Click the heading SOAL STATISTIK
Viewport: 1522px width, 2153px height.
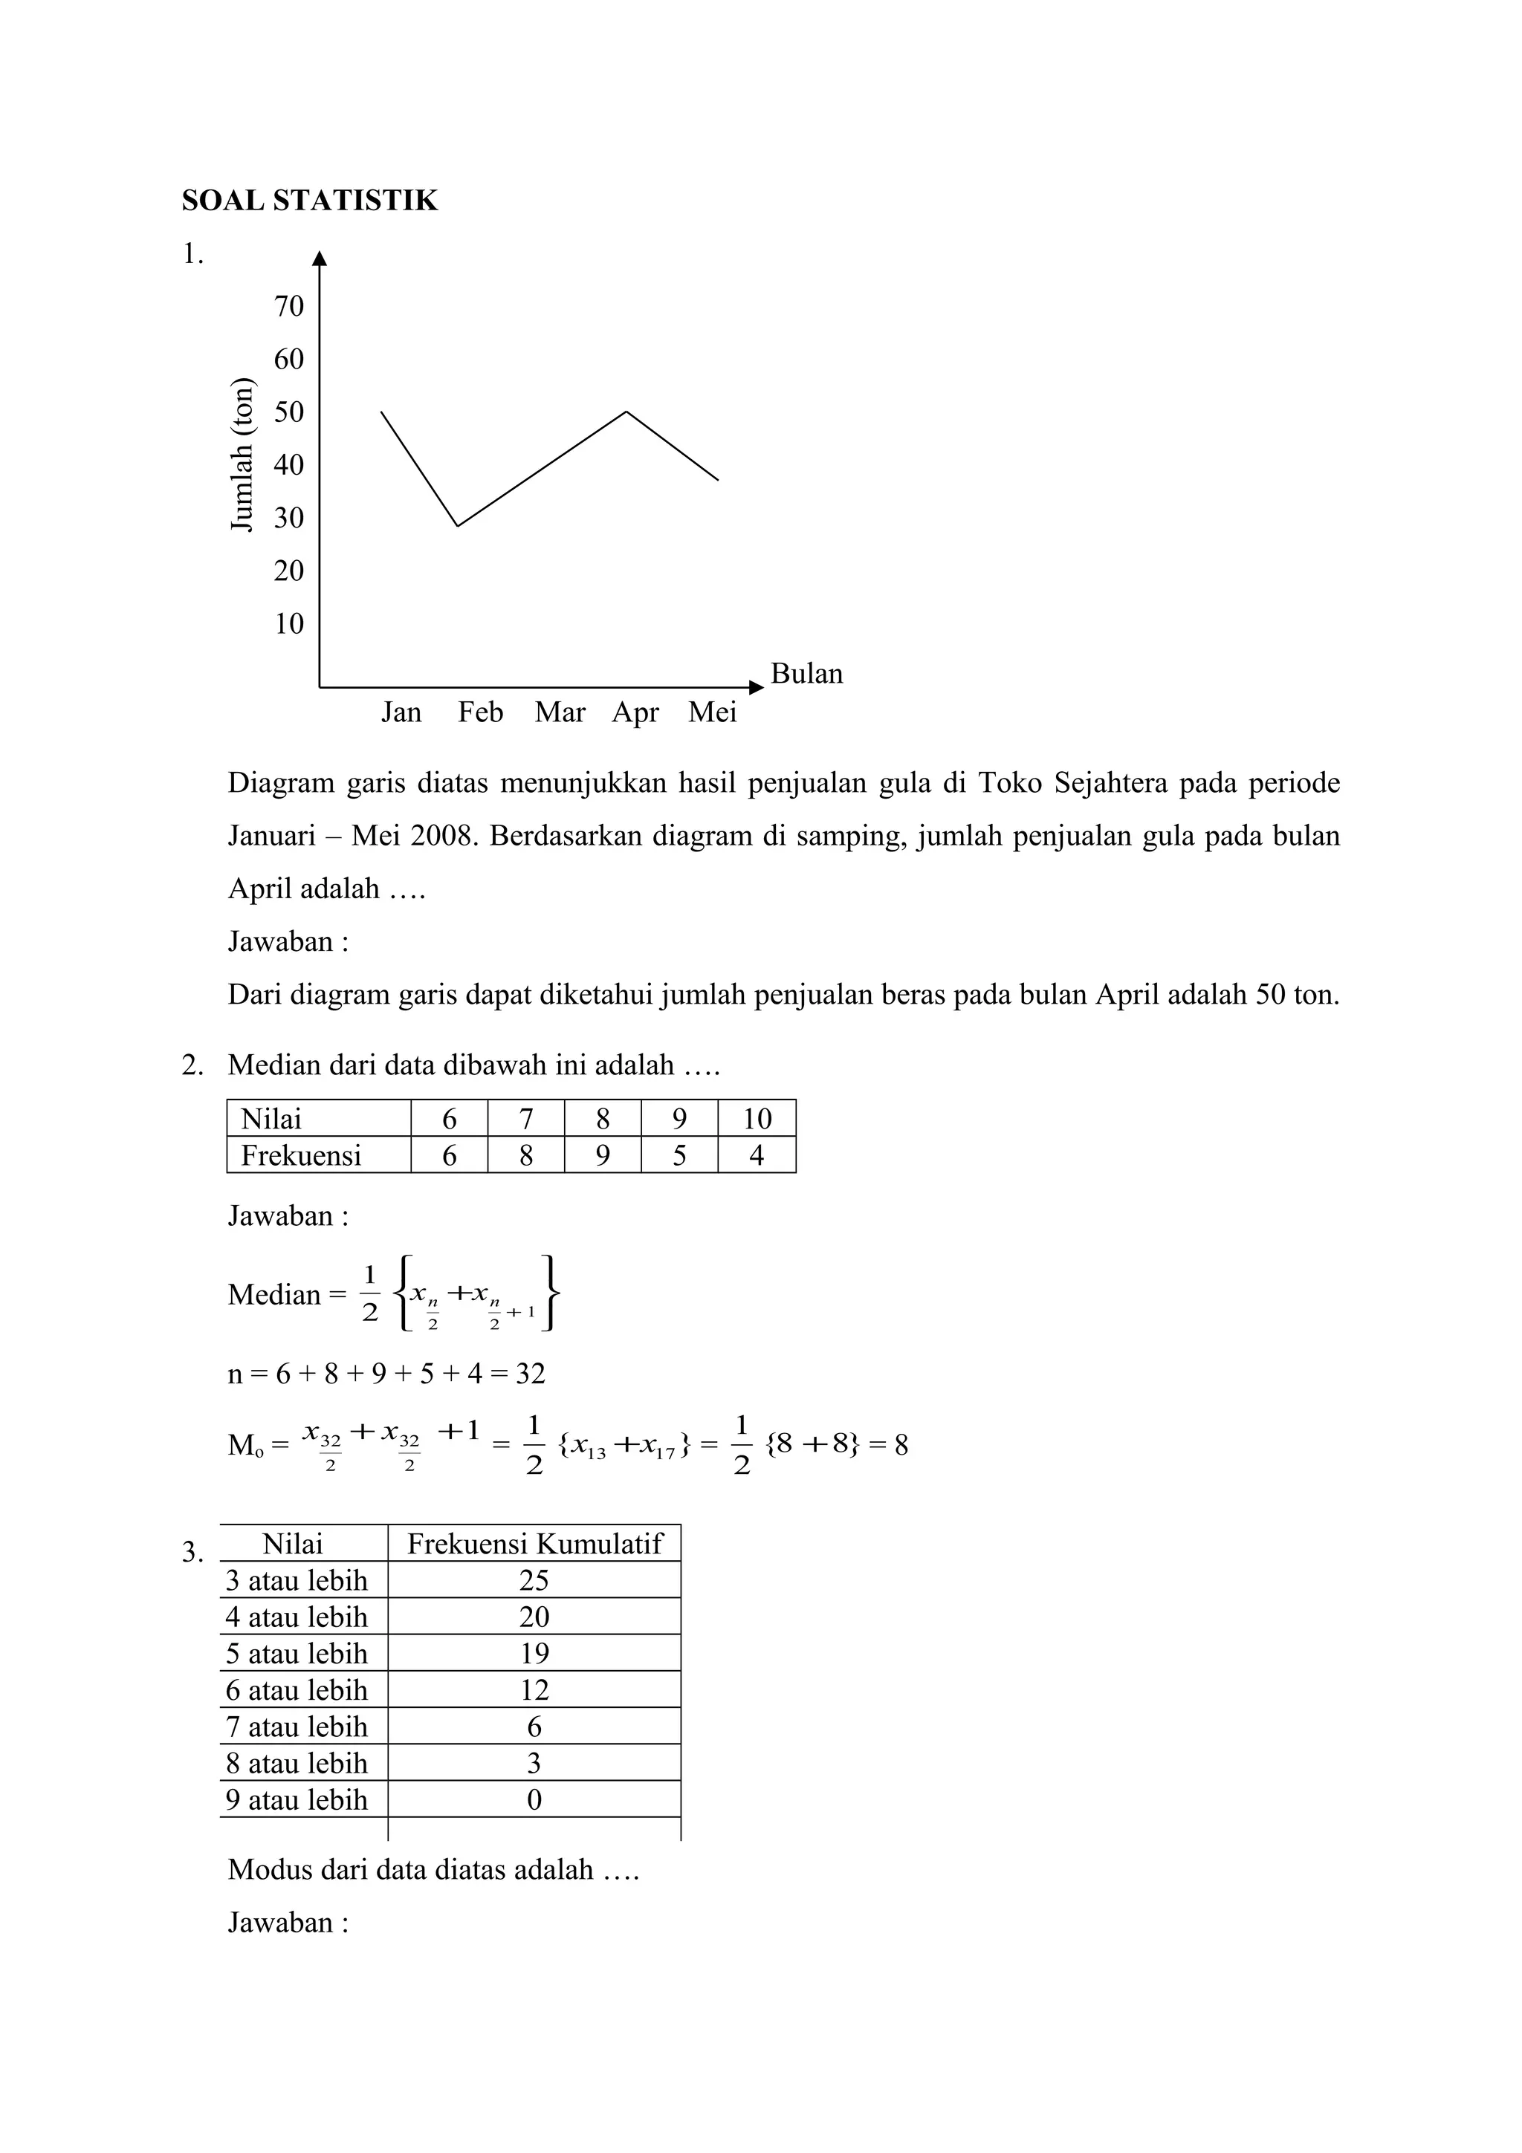click(x=309, y=201)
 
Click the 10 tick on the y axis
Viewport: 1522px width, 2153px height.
click(x=289, y=623)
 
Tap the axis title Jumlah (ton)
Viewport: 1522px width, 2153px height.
click(x=242, y=455)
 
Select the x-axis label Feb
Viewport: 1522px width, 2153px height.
click(x=480, y=712)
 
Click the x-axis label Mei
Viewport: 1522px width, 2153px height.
click(x=712, y=712)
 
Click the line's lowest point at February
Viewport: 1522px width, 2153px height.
click(x=458, y=525)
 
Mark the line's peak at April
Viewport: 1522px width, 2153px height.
click(x=626, y=412)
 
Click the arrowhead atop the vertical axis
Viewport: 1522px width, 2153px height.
click(x=320, y=259)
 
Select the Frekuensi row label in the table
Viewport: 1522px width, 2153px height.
click(x=300, y=1155)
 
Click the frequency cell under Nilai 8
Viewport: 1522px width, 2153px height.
click(x=602, y=1155)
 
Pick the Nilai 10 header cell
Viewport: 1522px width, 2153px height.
click(x=756, y=1119)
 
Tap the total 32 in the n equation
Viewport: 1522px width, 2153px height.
click(x=530, y=1374)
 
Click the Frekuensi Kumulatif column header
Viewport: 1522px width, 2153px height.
click(x=534, y=1544)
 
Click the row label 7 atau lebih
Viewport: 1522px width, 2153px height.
click(x=297, y=1727)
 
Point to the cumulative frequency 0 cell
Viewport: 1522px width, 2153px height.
click(x=534, y=1799)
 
